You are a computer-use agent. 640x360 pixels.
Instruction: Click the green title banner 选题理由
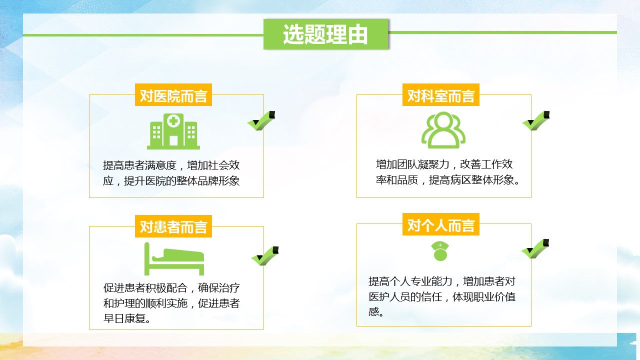(325, 34)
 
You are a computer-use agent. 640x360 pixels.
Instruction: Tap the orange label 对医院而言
(173, 95)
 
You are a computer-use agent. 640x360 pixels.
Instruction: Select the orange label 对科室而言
(441, 95)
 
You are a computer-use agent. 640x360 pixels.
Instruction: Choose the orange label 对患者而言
(173, 226)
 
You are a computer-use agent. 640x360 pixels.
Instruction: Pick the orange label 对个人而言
(441, 224)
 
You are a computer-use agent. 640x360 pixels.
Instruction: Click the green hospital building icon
(173, 131)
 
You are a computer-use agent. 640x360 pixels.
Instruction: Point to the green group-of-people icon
(443, 130)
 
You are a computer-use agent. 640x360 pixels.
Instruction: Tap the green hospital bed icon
(174, 259)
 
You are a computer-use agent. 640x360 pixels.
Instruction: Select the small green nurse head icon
(440, 251)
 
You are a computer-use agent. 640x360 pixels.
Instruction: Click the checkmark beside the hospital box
(261, 121)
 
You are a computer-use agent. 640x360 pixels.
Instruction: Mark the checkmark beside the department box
(536, 121)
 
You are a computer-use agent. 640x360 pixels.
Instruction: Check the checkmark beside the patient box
(265, 256)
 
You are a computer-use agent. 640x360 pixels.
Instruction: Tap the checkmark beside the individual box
(535, 249)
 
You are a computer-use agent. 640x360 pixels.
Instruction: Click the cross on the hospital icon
(173, 121)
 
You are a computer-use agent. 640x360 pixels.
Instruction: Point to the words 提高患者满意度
(139, 165)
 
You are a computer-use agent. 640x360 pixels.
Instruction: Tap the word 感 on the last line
(373, 311)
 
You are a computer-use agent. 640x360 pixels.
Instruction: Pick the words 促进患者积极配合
(145, 287)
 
